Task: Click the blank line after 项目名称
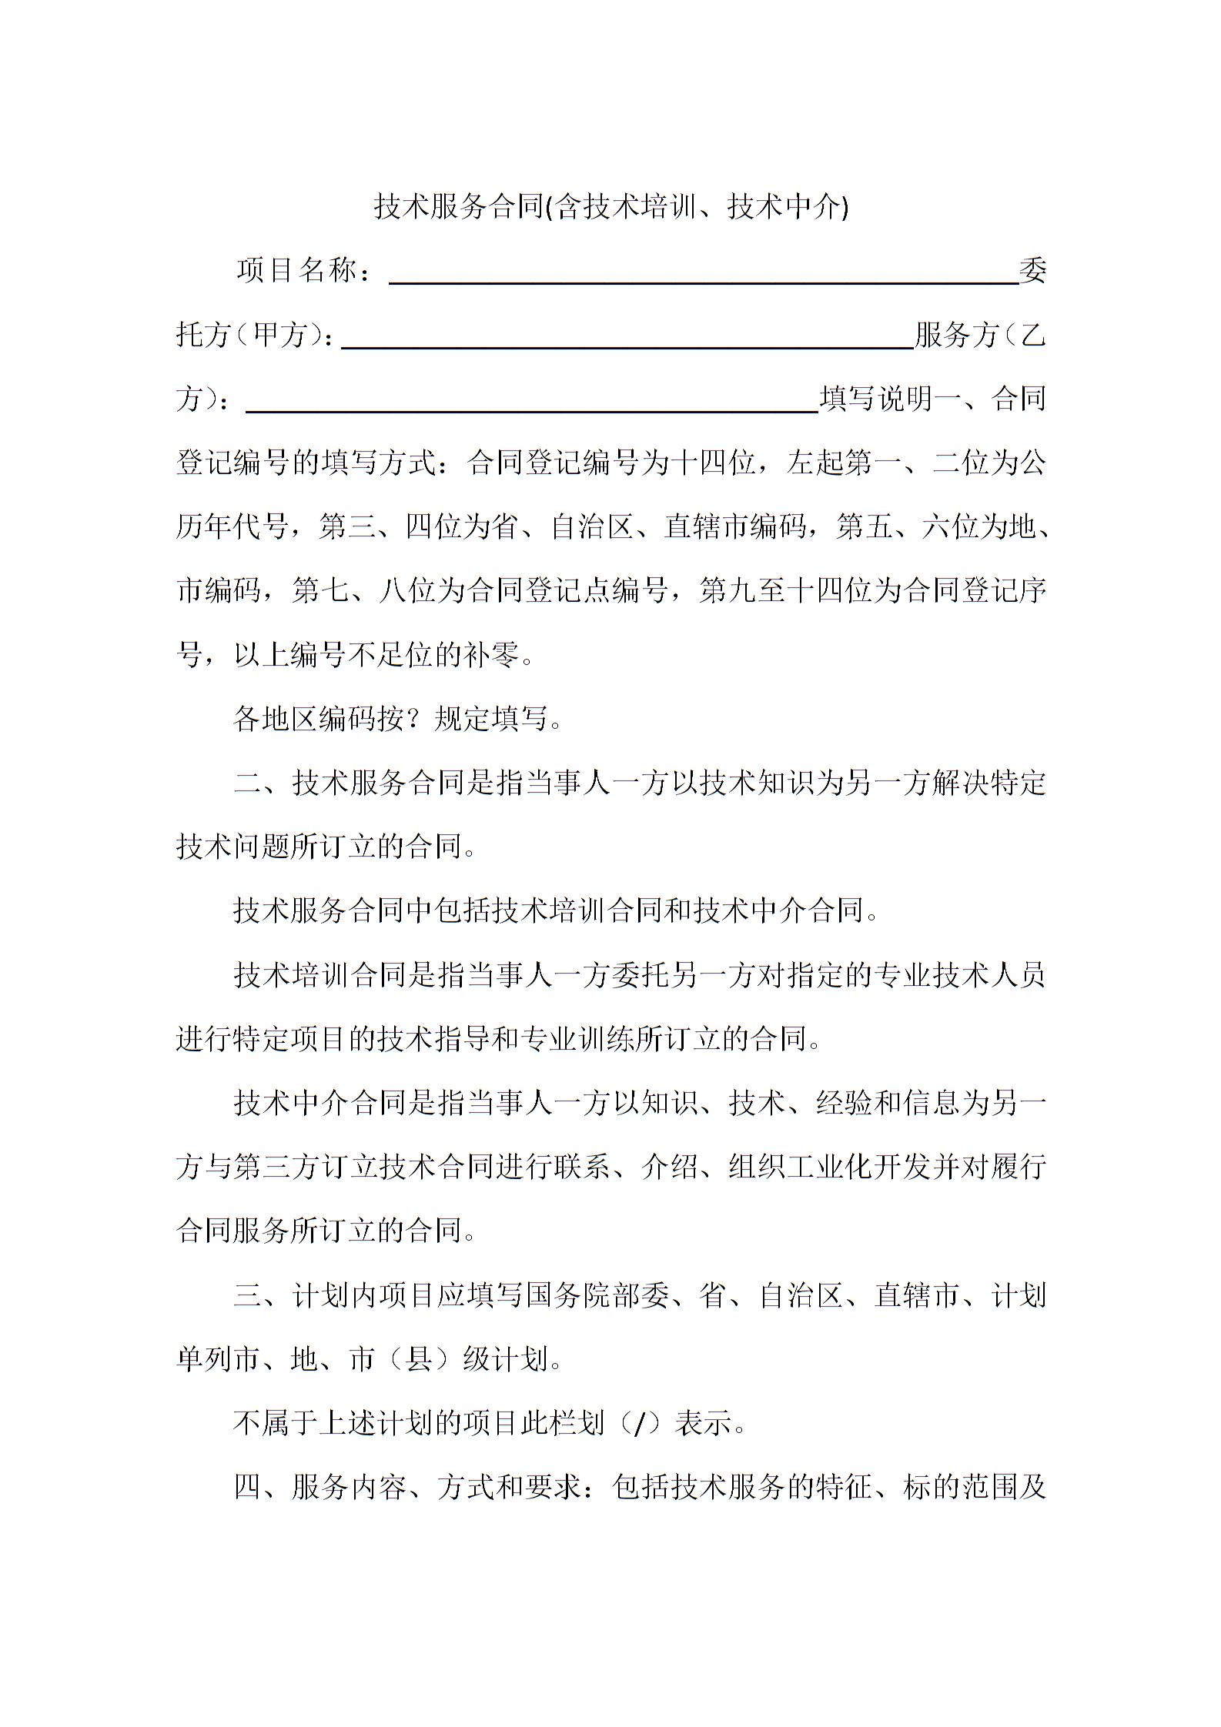[704, 279]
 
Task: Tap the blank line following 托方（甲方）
[627, 343]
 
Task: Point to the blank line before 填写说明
[531, 407]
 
